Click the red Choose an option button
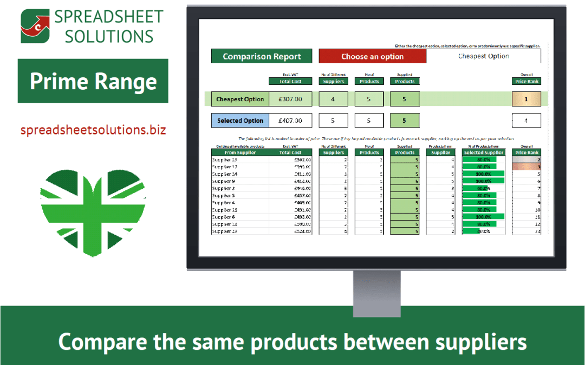(372, 56)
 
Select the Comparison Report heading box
(262, 56)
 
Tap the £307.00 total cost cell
(290, 99)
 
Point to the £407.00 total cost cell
(290, 121)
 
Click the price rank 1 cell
(526, 99)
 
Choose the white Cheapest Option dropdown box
(483, 56)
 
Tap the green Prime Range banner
(93, 81)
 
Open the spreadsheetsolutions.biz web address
(93, 130)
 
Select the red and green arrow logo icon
(35, 26)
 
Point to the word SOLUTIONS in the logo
(104, 36)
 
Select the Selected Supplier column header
(483, 152)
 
